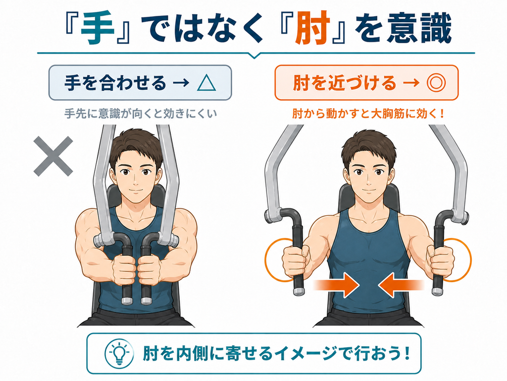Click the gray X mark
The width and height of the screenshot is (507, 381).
[53, 156]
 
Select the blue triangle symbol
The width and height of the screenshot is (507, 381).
[206, 83]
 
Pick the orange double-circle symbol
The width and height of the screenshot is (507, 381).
[436, 83]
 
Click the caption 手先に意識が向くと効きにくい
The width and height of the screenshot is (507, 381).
[141, 114]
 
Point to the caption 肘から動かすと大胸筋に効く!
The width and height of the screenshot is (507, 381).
[368, 114]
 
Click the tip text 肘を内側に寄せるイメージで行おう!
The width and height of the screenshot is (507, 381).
[276, 353]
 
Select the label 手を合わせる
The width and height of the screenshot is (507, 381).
[115, 83]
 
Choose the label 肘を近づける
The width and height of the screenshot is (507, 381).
[345, 83]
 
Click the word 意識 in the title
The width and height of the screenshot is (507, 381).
[419, 28]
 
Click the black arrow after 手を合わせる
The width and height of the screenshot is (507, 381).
[181, 83]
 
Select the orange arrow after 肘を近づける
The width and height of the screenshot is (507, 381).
[411, 83]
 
